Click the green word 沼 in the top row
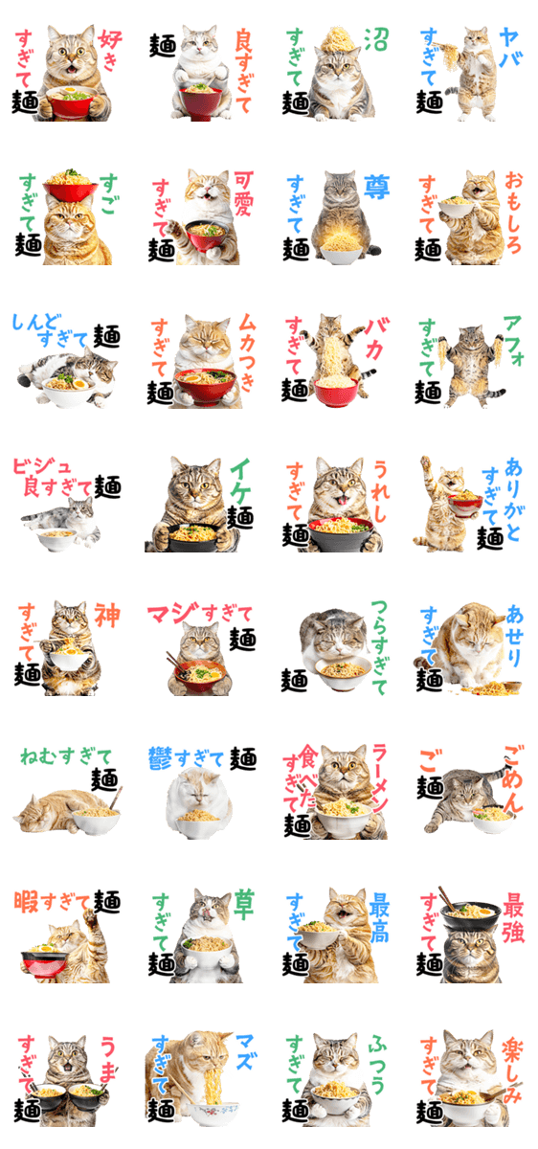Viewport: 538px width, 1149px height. coord(376,39)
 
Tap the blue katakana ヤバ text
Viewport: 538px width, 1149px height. coord(510,48)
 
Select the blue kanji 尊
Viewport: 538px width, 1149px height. coord(377,187)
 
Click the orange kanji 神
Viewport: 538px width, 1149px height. coord(106,616)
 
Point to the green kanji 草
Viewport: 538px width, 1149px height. coord(242,905)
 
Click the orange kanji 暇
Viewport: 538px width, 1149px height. coord(26,902)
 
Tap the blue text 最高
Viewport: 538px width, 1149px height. coord(379,917)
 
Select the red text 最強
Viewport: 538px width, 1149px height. coord(513,917)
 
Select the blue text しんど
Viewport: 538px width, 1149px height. coord(34,322)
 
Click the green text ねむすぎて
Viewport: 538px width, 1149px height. coord(66,756)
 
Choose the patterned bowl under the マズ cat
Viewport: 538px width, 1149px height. coord(213,1113)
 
